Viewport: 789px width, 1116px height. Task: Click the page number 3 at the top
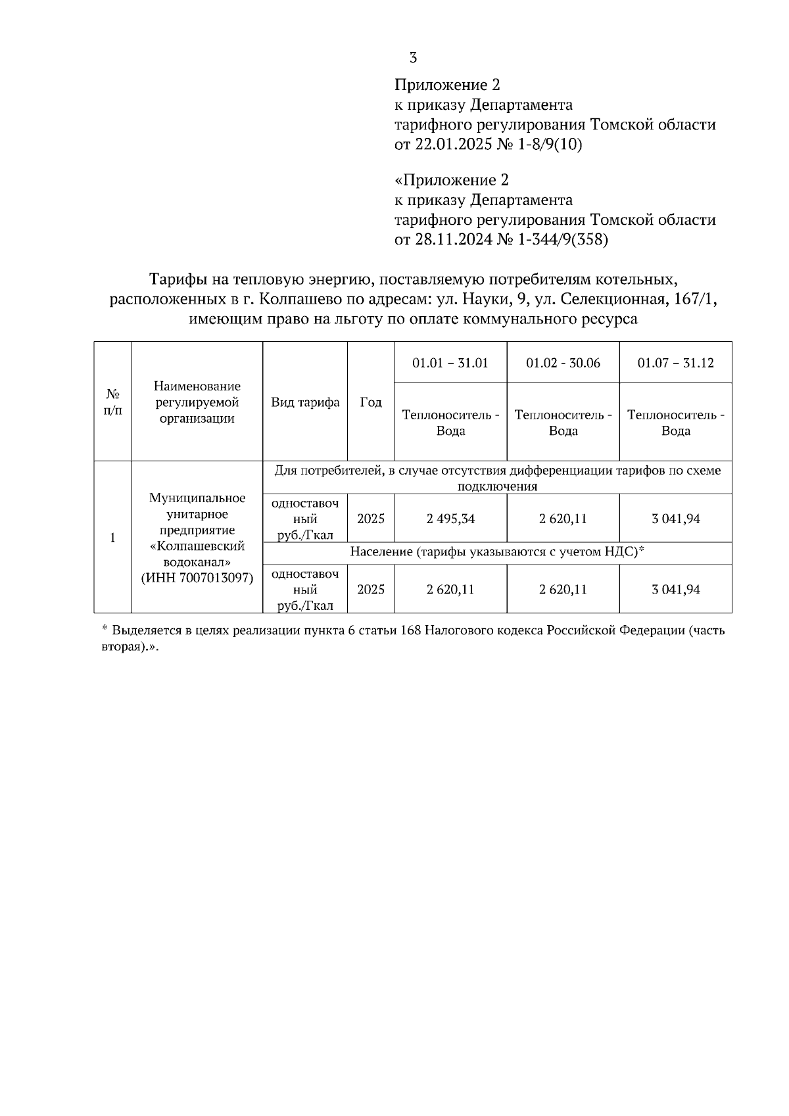[413, 58]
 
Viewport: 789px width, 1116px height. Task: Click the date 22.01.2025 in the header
[453, 145]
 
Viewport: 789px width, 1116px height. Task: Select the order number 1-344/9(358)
[563, 240]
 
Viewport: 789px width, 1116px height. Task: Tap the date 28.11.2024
[453, 240]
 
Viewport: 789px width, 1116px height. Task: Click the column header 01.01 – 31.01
[450, 363]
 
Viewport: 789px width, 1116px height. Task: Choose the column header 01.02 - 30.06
[563, 363]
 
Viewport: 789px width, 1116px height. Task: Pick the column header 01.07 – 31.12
[675, 363]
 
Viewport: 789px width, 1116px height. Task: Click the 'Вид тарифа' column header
[305, 402]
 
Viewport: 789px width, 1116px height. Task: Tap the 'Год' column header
[371, 402]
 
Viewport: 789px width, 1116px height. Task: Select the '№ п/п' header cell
[112, 402]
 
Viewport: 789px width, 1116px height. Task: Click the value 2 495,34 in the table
[450, 519]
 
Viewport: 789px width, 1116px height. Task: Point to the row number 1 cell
[112, 538]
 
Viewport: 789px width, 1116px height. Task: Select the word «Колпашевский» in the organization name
[197, 546]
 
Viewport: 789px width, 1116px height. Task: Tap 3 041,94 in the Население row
[675, 590]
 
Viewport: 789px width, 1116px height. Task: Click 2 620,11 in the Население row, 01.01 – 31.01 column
[450, 590]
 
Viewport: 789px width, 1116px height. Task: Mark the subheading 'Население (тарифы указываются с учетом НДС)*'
[496, 552]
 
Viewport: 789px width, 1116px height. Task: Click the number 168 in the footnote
[410, 631]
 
